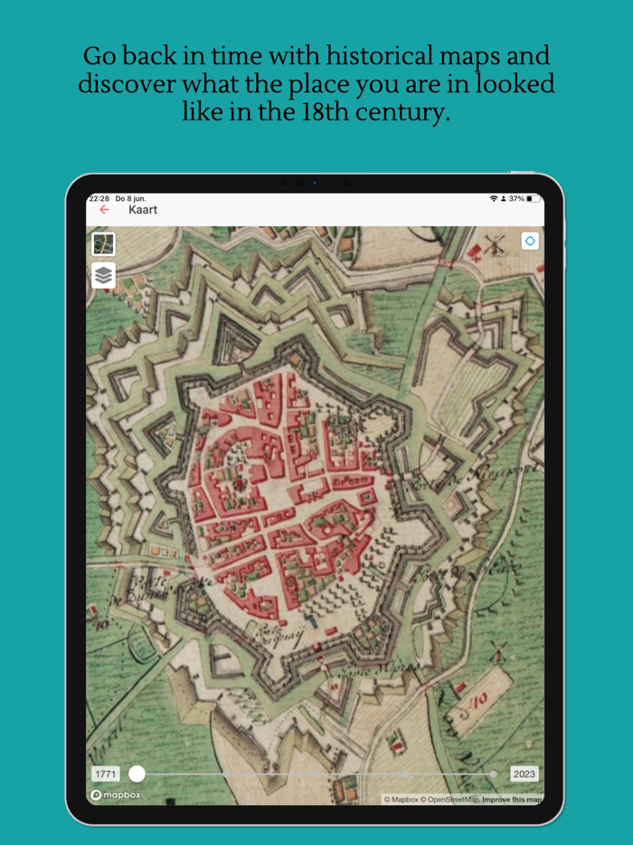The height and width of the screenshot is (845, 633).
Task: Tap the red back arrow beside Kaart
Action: tap(104, 210)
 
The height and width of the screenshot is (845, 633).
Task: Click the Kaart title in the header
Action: tap(143, 210)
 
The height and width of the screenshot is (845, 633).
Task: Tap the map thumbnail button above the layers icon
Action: tap(104, 243)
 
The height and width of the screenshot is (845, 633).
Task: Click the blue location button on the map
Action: tap(530, 241)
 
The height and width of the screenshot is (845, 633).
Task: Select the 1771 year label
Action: tap(105, 774)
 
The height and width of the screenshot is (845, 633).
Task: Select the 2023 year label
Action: tap(524, 774)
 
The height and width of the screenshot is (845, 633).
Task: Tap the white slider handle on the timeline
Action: tap(137, 774)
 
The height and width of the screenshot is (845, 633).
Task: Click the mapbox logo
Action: tap(116, 795)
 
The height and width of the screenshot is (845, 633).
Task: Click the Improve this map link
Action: tap(512, 799)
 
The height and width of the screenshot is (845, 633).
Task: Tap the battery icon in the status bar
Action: tap(534, 198)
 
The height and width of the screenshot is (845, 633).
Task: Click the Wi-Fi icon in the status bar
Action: tap(494, 198)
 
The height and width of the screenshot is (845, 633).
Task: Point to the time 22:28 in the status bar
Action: tap(99, 198)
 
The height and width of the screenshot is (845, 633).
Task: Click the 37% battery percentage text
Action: tap(515, 198)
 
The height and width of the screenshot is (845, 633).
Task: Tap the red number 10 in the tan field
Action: tap(480, 698)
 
